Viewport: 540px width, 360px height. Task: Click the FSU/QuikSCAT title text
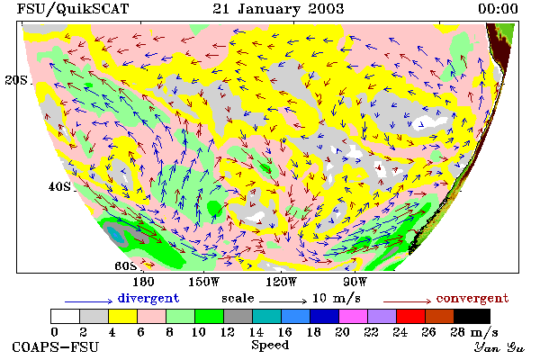point(73,9)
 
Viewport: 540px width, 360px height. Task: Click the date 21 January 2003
point(278,9)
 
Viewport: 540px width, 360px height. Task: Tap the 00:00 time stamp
point(498,9)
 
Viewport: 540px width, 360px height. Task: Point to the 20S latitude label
point(16,80)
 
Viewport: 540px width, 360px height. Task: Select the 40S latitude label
point(59,187)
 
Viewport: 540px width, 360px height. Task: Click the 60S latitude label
point(125,266)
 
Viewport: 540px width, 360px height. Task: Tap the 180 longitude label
point(143,282)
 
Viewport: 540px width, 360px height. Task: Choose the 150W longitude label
point(204,282)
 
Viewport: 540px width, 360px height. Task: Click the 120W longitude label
point(281,282)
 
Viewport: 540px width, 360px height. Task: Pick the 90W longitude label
point(355,282)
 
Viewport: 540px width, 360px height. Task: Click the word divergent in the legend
point(148,298)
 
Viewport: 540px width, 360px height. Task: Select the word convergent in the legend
point(472,298)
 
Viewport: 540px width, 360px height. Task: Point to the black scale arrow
point(283,301)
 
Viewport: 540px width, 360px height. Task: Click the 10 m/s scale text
point(337,298)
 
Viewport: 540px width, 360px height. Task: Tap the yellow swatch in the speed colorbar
point(123,316)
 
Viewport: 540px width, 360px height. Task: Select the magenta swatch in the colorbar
point(354,316)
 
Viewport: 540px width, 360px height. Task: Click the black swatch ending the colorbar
point(472,316)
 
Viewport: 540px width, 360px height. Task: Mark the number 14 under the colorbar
point(256,332)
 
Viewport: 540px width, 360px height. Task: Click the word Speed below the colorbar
point(270,346)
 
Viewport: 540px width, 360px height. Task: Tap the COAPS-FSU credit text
point(56,346)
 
